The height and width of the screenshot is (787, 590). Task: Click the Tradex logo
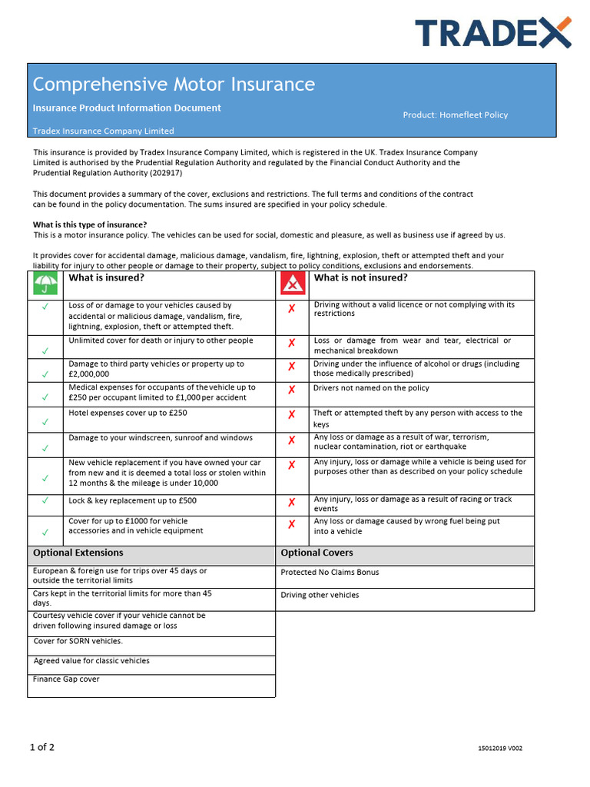click(493, 32)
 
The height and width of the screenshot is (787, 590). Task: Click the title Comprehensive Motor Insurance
click(174, 84)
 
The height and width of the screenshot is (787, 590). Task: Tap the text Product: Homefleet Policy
click(455, 115)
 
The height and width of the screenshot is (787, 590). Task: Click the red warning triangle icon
click(291, 285)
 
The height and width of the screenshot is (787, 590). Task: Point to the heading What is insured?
click(106, 278)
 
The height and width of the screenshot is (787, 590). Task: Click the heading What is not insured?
click(360, 278)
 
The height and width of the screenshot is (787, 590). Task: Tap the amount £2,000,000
click(89, 374)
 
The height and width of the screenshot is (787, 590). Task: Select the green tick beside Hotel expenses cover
click(45, 422)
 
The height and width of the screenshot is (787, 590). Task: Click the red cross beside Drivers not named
click(291, 390)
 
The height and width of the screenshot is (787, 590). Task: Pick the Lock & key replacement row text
click(132, 500)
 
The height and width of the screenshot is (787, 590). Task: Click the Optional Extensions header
click(78, 553)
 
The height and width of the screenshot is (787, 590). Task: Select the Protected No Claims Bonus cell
click(330, 573)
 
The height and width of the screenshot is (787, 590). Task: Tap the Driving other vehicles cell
click(320, 596)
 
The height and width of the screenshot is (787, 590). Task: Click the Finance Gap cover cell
click(66, 679)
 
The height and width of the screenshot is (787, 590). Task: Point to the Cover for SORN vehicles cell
click(78, 641)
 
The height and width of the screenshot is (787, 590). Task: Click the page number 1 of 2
click(41, 747)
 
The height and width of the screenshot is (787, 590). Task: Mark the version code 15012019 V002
click(499, 749)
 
